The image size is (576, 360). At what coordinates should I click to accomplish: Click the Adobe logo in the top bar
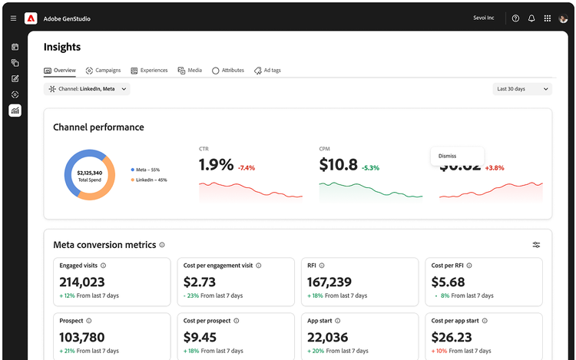[31, 18]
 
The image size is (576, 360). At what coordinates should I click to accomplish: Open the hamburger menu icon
[13, 18]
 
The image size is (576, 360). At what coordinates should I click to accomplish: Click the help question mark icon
[515, 18]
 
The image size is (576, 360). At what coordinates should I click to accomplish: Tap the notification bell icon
[531, 18]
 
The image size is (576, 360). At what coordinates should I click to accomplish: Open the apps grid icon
[548, 18]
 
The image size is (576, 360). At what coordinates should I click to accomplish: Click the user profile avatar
[564, 18]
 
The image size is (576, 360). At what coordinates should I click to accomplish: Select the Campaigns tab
[104, 71]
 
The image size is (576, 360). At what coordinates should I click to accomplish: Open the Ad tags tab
[267, 71]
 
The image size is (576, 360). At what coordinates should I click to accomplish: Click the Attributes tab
[228, 71]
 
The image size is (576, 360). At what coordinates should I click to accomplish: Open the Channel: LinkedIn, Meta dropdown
[88, 89]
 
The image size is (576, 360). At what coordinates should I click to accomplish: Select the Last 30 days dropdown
[522, 89]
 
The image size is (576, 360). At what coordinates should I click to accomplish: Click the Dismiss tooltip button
[448, 156]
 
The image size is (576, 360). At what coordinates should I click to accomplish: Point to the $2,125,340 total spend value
[89, 173]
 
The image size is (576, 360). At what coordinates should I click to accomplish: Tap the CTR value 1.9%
[216, 165]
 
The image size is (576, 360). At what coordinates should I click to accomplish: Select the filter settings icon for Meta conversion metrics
[536, 245]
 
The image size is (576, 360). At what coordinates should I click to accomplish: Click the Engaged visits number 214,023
[82, 282]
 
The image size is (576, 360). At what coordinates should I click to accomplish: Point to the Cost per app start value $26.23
[452, 337]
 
